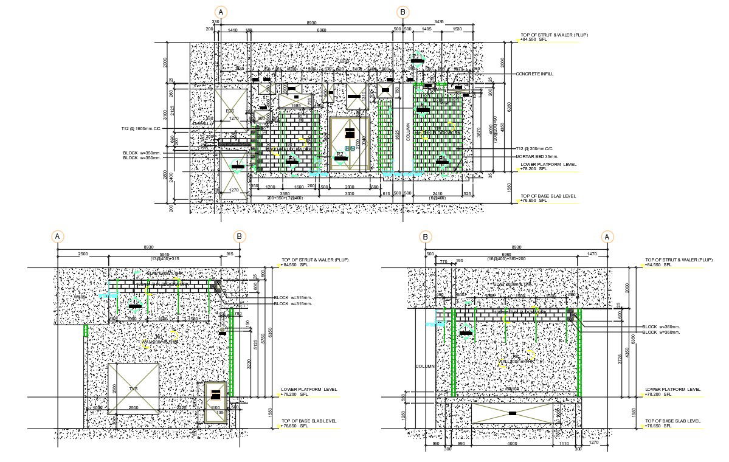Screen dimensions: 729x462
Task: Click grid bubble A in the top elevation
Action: point(221,12)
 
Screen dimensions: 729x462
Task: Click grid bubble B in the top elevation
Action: point(402,12)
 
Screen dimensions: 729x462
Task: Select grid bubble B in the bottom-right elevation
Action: point(426,237)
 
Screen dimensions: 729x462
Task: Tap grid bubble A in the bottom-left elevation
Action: point(58,236)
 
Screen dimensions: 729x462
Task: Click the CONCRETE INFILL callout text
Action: point(534,74)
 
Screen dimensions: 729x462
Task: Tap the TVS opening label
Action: point(133,388)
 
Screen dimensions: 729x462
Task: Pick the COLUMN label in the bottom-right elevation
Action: point(425,367)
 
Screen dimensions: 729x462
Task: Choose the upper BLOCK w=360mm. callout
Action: point(661,327)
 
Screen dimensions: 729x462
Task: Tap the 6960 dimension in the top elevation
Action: point(321,29)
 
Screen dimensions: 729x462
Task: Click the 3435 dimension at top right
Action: point(439,21)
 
